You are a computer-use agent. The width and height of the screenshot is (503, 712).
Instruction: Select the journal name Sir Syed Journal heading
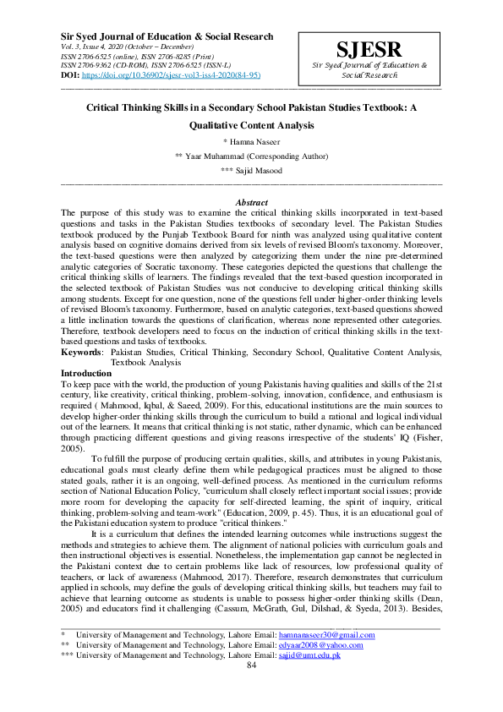tap(167, 37)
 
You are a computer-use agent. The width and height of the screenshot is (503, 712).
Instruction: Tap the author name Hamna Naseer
tap(254, 141)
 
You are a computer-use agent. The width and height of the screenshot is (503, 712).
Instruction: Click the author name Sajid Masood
tap(253, 171)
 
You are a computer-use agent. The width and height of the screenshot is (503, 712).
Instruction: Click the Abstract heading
tap(251, 203)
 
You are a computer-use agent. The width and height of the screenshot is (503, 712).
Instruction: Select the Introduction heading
tap(86, 373)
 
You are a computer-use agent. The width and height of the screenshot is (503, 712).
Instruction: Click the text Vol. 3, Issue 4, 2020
tap(91, 47)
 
